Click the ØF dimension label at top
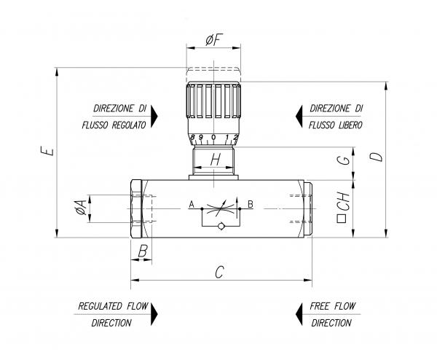[213, 41]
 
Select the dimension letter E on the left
[46, 152]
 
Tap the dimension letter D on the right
[374, 157]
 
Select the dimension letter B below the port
[143, 251]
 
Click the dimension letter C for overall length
[219, 272]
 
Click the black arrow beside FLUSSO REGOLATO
[155, 116]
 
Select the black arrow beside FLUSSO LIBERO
[299, 116]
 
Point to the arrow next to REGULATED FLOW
[154, 314]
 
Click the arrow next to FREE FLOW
[299, 314]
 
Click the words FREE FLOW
[331, 306]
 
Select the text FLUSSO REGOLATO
[114, 125]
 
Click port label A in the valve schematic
[192, 205]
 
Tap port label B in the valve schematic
[251, 205]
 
